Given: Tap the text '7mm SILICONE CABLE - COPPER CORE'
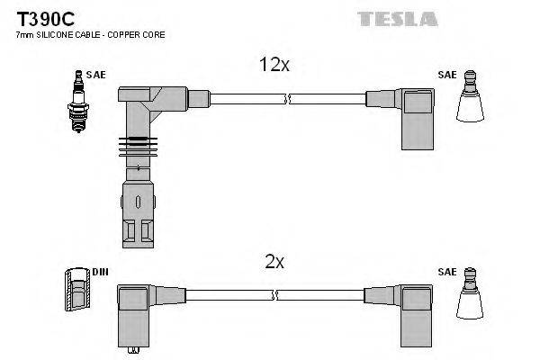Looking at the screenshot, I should (90, 34).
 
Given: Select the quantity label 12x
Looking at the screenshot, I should (274, 66).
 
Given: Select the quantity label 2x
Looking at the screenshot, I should (274, 262).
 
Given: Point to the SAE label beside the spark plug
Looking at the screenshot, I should (96, 76).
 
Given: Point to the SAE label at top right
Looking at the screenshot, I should (445, 76).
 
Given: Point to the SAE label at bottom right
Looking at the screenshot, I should (445, 271).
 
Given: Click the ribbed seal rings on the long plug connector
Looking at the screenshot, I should (137, 145).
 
